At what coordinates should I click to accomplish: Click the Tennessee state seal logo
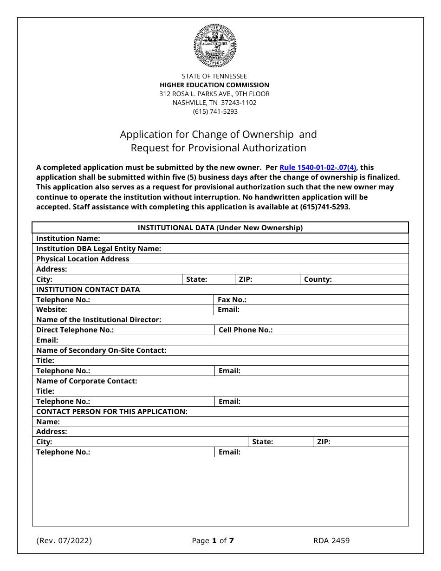pos(215,46)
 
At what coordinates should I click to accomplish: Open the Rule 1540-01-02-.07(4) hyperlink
pos(318,168)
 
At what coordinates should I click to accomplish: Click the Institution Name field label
pos(68,239)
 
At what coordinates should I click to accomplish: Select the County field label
pos(318,279)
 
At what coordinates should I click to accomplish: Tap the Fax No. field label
pos(232,300)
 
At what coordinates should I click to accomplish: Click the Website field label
pos(52,310)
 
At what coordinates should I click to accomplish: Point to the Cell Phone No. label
pos(245,330)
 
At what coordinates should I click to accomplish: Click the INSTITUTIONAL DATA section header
pos(220,228)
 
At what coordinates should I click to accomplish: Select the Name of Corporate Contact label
pos(86,381)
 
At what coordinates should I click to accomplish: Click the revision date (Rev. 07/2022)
pos(64,541)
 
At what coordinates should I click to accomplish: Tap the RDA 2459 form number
pos(331,541)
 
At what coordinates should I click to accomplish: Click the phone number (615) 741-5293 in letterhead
pos(215,111)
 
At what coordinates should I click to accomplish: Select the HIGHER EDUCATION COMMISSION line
pos(214,85)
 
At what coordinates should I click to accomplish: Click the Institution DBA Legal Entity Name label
pos(98,249)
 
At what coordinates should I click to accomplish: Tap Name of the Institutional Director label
pos(98,320)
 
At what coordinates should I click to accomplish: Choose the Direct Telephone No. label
pos(75,330)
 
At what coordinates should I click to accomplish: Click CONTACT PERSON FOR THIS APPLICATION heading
pos(111,412)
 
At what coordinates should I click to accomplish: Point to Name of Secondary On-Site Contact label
pos(101,350)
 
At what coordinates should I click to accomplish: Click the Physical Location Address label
pos(83,259)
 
